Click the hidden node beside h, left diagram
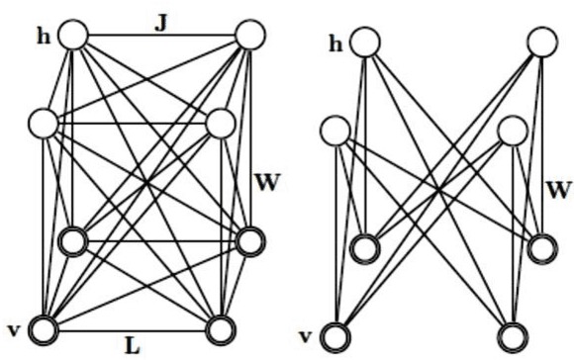(74, 35)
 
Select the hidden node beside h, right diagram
(365, 43)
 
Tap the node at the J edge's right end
(248, 35)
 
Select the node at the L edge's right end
(223, 327)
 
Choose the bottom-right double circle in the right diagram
(513, 336)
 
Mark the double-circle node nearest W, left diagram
(252, 241)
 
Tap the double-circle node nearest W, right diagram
(542, 249)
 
